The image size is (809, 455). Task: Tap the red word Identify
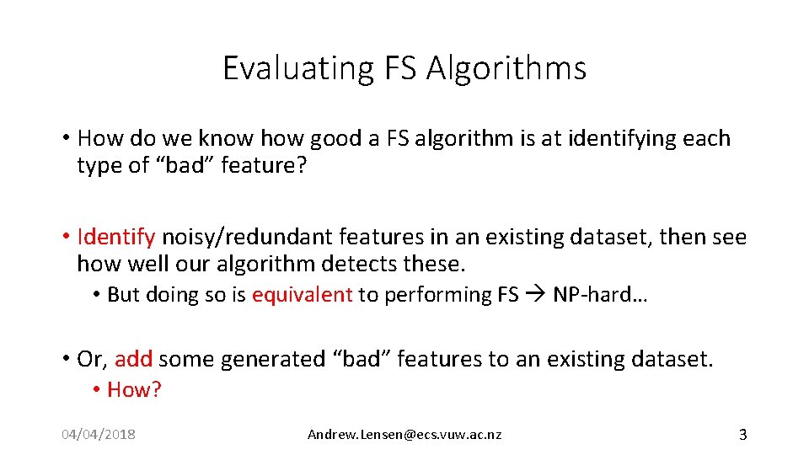point(115,238)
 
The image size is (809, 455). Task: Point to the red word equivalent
point(302,295)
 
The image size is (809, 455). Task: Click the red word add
point(133,360)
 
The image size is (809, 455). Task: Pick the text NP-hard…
point(599,295)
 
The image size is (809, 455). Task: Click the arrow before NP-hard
point(535,295)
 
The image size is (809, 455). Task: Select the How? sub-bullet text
point(134,389)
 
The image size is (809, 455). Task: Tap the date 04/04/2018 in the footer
point(99,435)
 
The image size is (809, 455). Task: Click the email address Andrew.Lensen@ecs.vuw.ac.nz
point(404,435)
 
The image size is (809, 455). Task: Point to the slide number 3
point(742,435)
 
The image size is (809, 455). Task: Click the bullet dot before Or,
point(65,360)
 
